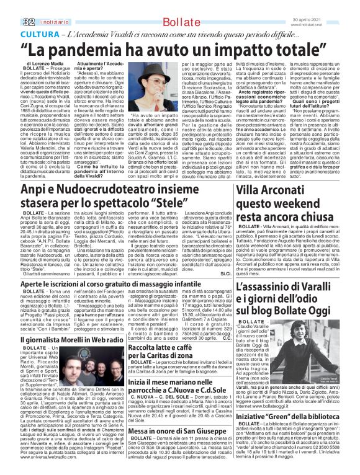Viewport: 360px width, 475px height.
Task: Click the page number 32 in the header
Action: click(12, 6)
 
